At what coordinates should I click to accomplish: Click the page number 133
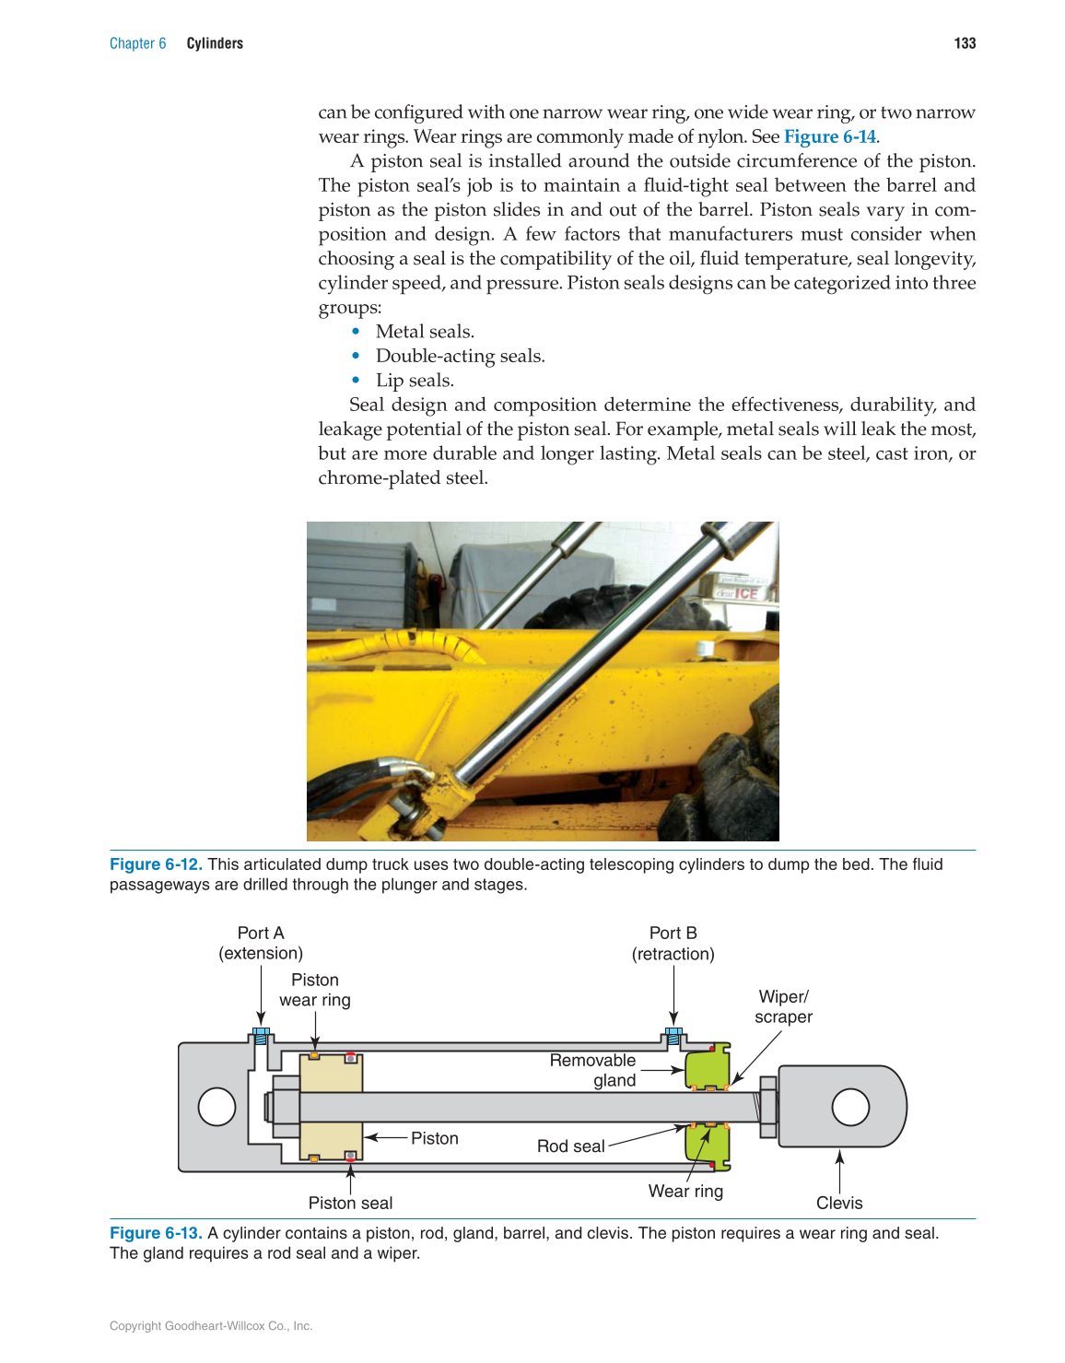965,43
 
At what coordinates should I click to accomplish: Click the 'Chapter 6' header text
137,43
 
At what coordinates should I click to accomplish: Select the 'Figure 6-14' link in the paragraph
829,136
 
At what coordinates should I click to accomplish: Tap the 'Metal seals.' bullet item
425,332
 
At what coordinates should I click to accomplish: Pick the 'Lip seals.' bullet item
415,381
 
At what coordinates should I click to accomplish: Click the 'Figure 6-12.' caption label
156,864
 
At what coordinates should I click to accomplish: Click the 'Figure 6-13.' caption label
156,1233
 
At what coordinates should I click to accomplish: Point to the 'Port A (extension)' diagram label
261,943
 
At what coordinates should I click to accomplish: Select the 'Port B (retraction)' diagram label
673,943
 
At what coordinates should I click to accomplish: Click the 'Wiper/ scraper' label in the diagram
783,1006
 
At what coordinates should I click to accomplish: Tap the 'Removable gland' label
593,1070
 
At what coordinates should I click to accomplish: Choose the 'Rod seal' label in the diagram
570,1146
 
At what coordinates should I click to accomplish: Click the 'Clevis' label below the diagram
839,1203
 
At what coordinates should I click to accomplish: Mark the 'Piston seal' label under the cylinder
350,1203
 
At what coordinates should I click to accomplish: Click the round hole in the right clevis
850,1107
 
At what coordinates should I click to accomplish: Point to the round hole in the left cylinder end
217,1107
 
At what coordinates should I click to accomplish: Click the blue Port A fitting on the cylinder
261,1036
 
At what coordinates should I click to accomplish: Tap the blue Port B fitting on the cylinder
673,1036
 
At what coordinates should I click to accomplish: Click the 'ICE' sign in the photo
745,593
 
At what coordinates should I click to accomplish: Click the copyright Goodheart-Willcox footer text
211,1326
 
